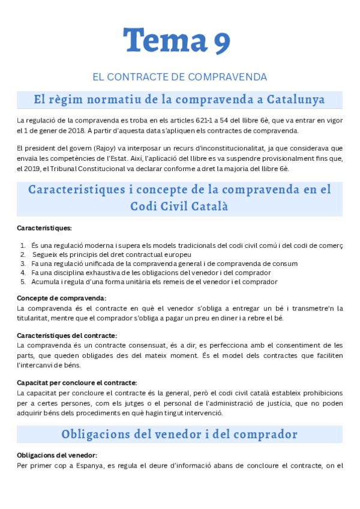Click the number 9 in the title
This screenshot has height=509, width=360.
(x=221, y=41)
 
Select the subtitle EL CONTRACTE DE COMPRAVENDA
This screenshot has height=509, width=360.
(x=179, y=77)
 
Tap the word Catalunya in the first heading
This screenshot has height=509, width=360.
(x=296, y=99)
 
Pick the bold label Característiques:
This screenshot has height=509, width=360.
(x=44, y=228)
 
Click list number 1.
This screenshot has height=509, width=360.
(x=23, y=245)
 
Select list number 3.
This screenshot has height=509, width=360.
(x=23, y=264)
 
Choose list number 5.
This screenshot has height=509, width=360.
(x=23, y=282)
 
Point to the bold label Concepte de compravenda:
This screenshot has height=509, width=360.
(x=62, y=298)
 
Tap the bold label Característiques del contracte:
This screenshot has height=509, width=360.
(x=67, y=336)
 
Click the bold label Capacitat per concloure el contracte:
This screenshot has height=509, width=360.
(x=77, y=383)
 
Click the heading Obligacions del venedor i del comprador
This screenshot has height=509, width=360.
(x=179, y=434)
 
